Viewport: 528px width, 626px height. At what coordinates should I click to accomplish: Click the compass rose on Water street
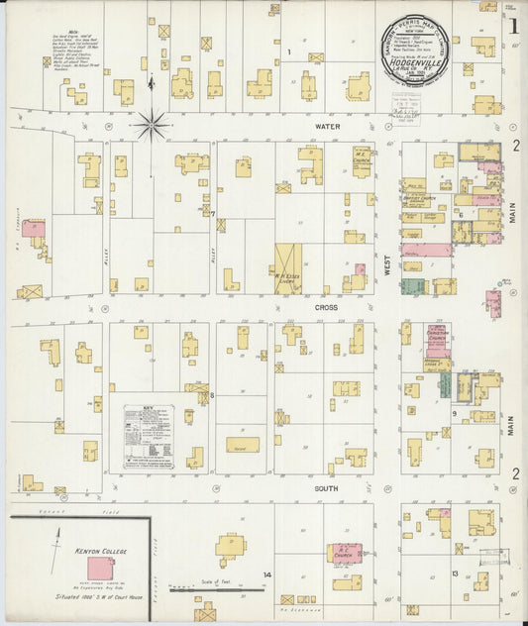pos(152,125)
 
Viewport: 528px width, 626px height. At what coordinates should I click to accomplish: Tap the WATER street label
pos(328,126)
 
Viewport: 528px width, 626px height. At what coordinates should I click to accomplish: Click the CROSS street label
pos(328,308)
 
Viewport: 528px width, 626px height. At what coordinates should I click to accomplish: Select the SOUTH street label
pos(328,488)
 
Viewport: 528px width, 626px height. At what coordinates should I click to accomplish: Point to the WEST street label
pos(387,265)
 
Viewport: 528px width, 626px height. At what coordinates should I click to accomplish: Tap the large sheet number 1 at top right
pos(513,26)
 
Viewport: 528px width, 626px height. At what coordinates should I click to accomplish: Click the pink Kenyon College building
pos(99,568)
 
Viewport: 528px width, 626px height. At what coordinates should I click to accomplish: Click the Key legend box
pos(149,436)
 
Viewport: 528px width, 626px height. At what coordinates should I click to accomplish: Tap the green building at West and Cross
pos(413,286)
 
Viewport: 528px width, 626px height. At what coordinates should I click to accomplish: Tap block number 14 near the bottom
pos(266,574)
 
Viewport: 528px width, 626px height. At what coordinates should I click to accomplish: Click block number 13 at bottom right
pos(454,574)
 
